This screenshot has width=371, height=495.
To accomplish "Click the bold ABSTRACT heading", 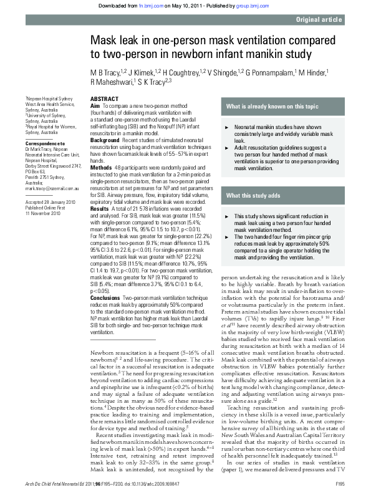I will click(x=104, y=100).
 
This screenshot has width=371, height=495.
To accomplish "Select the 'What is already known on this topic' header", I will click(x=272, y=107).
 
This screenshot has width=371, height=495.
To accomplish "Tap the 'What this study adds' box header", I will click(x=253, y=196).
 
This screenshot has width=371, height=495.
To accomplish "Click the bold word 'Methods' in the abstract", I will click(x=101, y=168).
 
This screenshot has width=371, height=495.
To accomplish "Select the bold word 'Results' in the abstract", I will click(x=100, y=208).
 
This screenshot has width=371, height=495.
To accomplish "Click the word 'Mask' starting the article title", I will click(x=104, y=40).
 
